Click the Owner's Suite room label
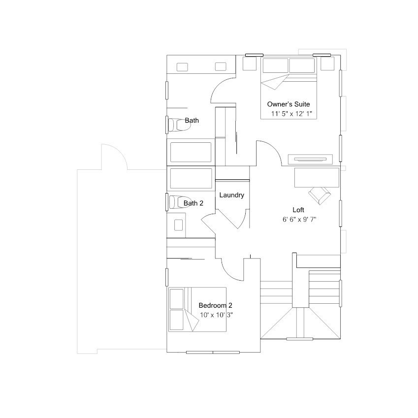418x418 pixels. (x=289, y=104)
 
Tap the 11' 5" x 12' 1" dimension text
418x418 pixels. (x=291, y=114)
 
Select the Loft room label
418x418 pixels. (x=298, y=210)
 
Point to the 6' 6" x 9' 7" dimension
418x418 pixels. (x=299, y=220)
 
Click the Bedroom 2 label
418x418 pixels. (x=215, y=305)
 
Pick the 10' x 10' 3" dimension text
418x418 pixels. (x=217, y=315)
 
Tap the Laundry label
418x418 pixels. (x=232, y=195)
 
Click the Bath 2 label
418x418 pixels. (x=193, y=203)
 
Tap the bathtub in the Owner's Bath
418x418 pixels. (x=191, y=152)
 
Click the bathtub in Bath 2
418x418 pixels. (x=191, y=178)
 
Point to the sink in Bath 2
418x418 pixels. (x=178, y=225)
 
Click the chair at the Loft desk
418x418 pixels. (x=320, y=195)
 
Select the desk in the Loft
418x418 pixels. (x=317, y=178)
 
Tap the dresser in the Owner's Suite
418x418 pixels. (x=310, y=160)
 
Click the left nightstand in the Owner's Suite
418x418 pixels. (x=250, y=64)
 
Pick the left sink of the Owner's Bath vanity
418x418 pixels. (x=182, y=67)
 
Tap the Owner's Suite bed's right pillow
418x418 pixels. (x=302, y=65)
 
